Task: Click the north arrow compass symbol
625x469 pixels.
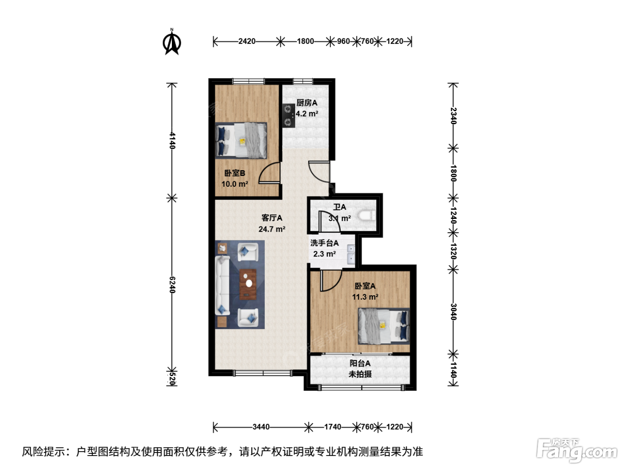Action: (172, 42)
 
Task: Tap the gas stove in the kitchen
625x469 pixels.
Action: (288, 116)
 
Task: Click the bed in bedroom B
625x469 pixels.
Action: (241, 140)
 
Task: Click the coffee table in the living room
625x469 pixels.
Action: (248, 285)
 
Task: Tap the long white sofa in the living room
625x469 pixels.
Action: (222, 285)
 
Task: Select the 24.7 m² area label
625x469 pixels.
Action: (272, 229)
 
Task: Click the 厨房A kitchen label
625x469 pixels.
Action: (307, 103)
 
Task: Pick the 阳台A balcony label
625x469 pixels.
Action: (360, 363)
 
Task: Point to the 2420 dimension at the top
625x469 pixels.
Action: (247, 41)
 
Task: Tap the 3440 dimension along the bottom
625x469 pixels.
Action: (261, 427)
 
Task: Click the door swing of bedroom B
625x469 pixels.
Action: (269, 172)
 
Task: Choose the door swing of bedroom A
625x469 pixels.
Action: (331, 281)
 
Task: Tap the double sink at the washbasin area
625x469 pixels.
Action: (351, 254)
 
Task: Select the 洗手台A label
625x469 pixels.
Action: (324, 243)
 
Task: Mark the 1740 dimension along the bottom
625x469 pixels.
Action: (333, 427)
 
